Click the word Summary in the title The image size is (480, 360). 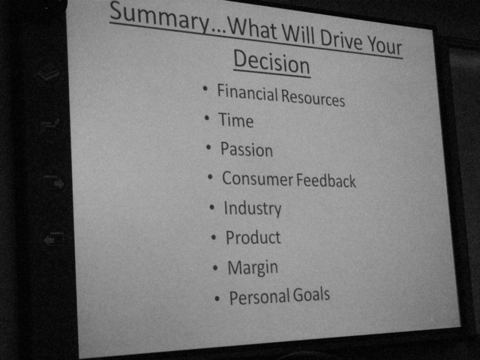(160, 17)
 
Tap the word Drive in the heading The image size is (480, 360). (340, 40)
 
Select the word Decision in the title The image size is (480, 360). (271, 62)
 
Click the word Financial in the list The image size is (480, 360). (247, 93)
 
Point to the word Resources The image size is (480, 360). (313, 97)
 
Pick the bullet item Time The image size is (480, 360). (235, 120)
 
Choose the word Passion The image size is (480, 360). (247, 149)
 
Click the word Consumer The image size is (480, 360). (257, 178)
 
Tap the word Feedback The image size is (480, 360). (326, 180)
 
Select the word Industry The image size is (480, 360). (253, 208)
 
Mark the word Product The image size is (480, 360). (253, 237)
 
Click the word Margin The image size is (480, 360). (253, 268)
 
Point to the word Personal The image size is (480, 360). (260, 297)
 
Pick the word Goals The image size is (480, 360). (311, 295)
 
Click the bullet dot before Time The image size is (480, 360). (207, 118)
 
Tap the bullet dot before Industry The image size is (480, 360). (211, 207)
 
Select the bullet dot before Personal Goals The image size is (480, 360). (217, 298)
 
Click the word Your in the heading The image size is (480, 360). (385, 46)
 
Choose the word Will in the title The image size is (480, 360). (298, 35)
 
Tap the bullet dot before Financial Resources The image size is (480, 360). (205, 88)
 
